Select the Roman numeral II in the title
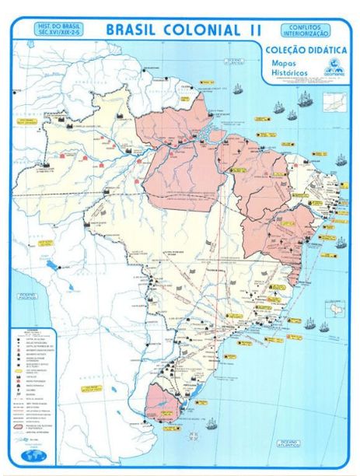pos(253,30)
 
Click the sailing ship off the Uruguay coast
pos(210,424)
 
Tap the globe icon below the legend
pos(30,453)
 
